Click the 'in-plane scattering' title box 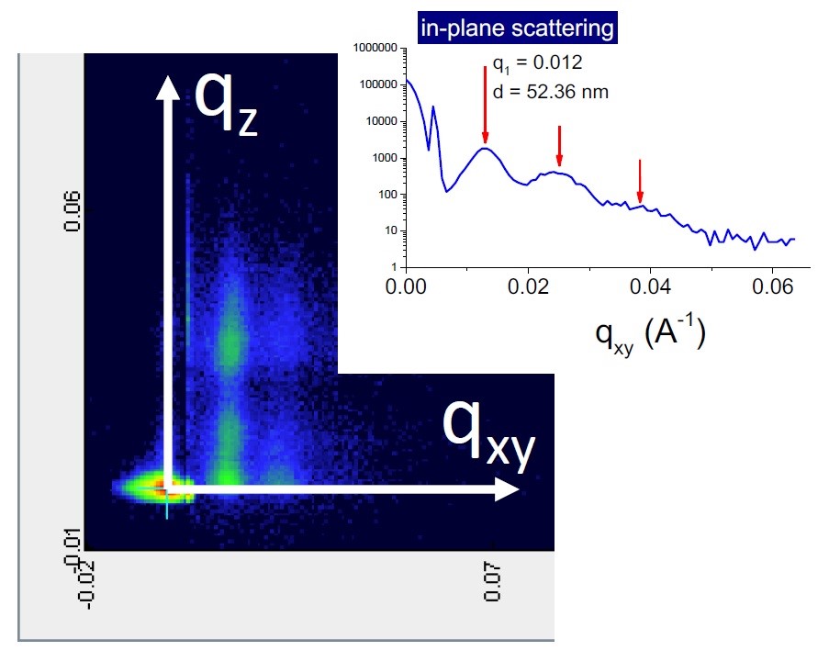[517, 28]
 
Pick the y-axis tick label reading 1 [393, 267]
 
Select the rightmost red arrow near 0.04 [640, 181]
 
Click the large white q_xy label [487, 432]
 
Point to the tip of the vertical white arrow [167, 83]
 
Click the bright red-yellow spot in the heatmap [163, 486]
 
